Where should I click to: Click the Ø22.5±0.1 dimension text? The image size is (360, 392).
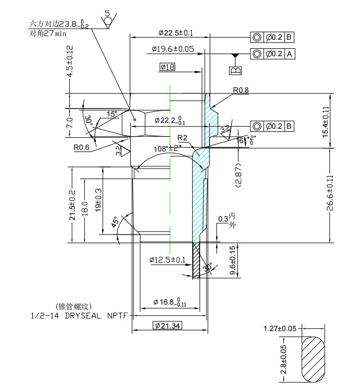click(x=176, y=33)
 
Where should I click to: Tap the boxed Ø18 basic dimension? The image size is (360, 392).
click(x=167, y=67)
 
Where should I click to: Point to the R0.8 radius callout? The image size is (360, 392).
click(x=240, y=91)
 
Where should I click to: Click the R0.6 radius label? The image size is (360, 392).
click(x=82, y=147)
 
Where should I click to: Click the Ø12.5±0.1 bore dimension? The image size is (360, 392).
click(x=167, y=260)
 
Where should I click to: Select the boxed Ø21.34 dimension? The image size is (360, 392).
click(x=167, y=325)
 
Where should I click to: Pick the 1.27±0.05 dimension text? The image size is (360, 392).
click(x=281, y=329)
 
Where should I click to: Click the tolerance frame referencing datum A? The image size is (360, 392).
click(x=272, y=54)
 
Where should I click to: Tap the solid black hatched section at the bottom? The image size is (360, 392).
click(x=196, y=260)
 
